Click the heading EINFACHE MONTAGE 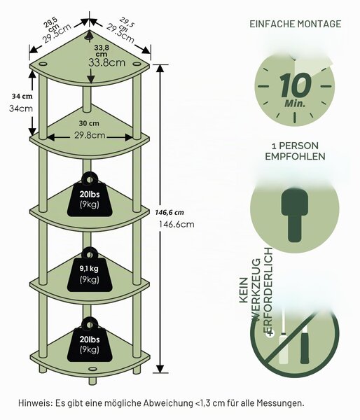pyautogui.click(x=295, y=24)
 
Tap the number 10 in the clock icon pyautogui.click(x=296, y=85)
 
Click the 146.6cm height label pyautogui.click(x=176, y=224)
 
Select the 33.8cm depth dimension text pyautogui.click(x=107, y=63)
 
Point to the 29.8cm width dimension pyautogui.click(x=90, y=135)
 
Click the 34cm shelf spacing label pyautogui.click(x=21, y=108)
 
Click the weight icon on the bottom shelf pyautogui.click(x=90, y=339)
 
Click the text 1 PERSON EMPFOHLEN pyautogui.click(x=295, y=151)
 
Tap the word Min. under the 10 pyautogui.click(x=295, y=103)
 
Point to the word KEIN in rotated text pyautogui.click(x=244, y=290)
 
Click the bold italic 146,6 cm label pyautogui.click(x=169, y=213)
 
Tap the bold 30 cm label pyautogui.click(x=89, y=123)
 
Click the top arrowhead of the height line pyautogui.click(x=160, y=69)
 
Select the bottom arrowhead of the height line pyautogui.click(x=160, y=369)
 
